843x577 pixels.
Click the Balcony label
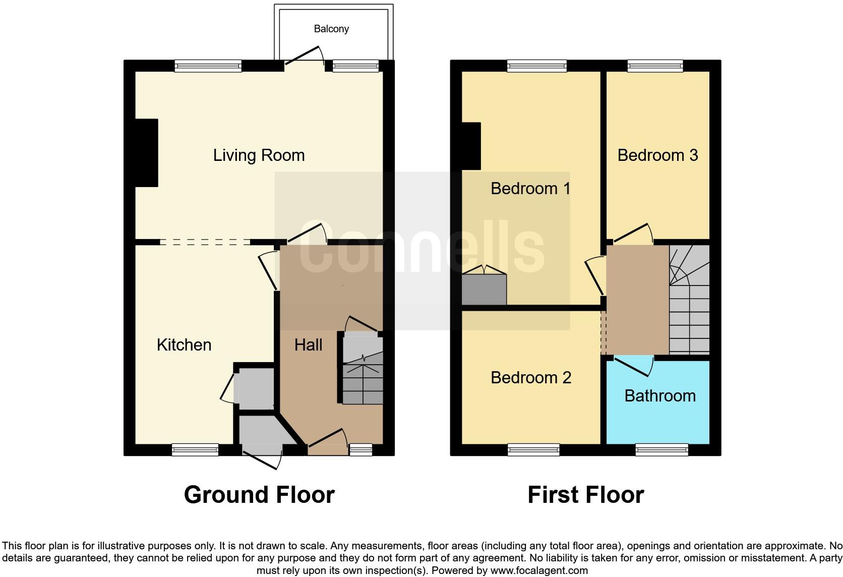pos(331,29)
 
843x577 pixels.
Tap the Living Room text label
pos(259,155)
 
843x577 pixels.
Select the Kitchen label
pos(184,345)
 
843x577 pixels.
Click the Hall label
pos(308,345)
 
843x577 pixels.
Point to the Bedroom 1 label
pos(530,189)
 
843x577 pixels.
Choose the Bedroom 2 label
pos(531,378)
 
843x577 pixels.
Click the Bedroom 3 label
pos(657,155)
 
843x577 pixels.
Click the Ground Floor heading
pos(259,495)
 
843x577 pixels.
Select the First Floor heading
pos(585,495)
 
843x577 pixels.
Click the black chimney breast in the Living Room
pos(147,153)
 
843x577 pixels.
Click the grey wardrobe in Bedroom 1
pos(484,290)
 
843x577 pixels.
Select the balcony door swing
pos(305,55)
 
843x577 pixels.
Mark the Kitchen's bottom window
pos(195,449)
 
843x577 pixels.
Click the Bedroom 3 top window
pos(655,66)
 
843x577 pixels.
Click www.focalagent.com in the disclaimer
pos(538,571)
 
